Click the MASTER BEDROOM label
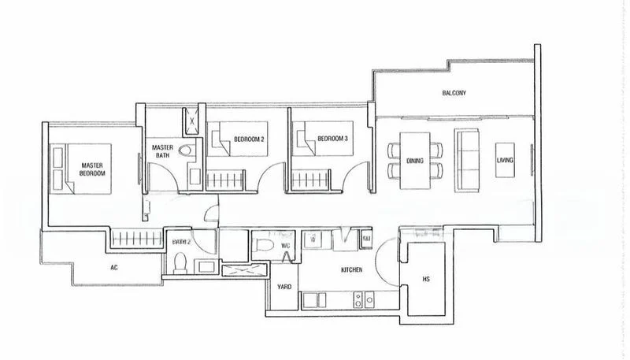click(x=93, y=169)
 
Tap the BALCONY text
click(x=454, y=93)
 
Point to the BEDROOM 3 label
click(x=332, y=139)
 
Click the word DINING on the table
click(x=416, y=161)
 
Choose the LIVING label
click(x=505, y=161)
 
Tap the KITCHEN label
click(x=351, y=270)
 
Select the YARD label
click(x=284, y=287)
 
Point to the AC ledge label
click(x=114, y=267)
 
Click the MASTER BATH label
click(x=163, y=150)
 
